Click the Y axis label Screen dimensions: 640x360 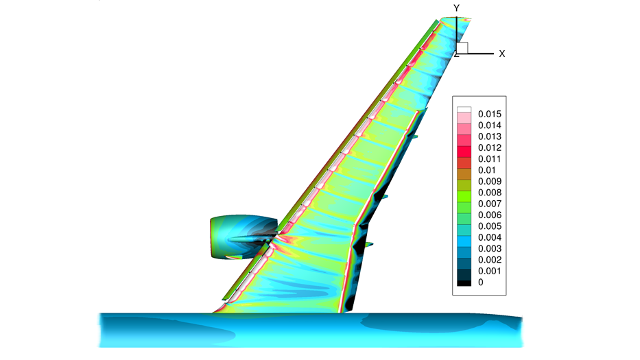coord(456,8)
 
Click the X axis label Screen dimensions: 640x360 coord(502,54)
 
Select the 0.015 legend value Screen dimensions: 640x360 coord(489,115)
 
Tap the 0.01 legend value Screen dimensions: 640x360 coord(486,170)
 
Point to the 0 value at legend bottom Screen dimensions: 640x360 coord(480,283)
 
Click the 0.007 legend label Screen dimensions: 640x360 coord(489,204)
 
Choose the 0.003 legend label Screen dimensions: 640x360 coord(489,248)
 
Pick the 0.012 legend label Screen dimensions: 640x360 coord(489,147)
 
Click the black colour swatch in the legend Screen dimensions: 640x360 coord(464,283)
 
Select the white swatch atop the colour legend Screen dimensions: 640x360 coord(464,110)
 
